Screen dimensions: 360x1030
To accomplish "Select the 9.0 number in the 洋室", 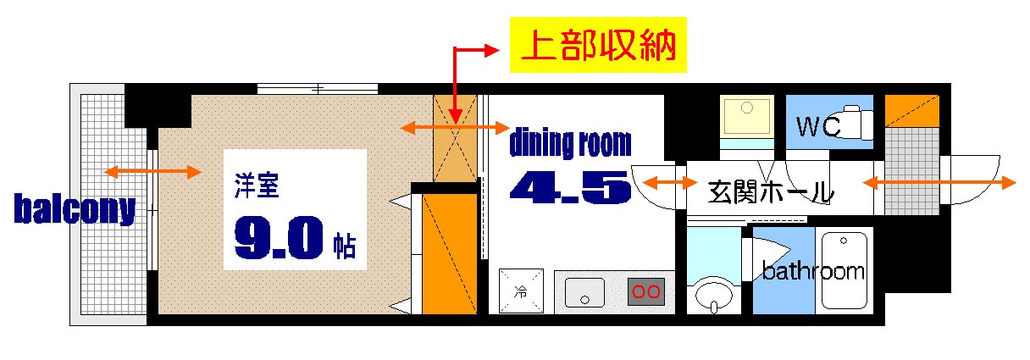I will pos(280,240).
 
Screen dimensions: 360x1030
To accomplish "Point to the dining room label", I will pos(570,143).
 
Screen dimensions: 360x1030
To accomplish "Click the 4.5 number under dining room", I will pos(570,187).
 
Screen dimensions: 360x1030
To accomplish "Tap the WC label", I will pos(817,128).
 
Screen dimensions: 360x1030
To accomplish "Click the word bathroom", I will pos(813,272).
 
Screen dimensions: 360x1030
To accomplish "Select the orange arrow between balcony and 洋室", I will pos(152,173).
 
